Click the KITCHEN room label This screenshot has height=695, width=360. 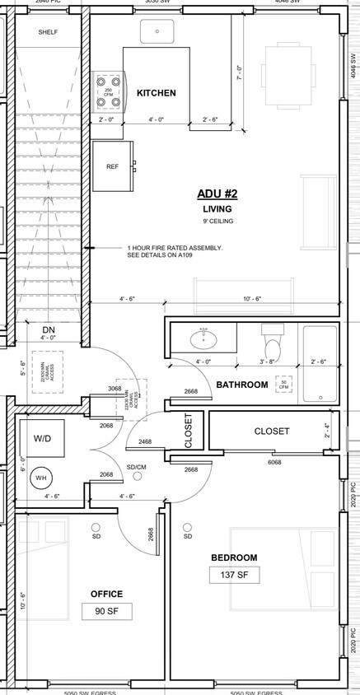pos(156,93)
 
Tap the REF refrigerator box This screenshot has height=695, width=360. pos(113,166)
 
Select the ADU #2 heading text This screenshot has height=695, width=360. pos(217,194)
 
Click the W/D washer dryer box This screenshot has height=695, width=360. pos(42,438)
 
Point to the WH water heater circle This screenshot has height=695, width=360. pos(41,477)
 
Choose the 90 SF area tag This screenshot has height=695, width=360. pos(107,611)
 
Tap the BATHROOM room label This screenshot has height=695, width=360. pos(241,385)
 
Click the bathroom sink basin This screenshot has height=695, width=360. pos(201,338)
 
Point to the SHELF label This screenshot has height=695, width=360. pos(49,33)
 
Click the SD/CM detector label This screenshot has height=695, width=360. pos(137,466)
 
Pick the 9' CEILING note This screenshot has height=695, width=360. pos(217,222)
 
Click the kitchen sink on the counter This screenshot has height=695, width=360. pos(156,31)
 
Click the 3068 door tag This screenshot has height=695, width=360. pos(115,389)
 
